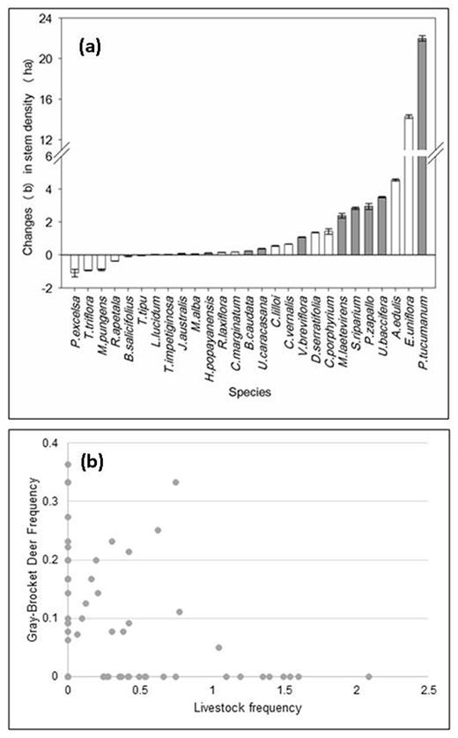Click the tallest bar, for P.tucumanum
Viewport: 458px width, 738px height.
tap(421, 141)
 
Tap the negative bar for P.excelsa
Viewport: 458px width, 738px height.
tap(75, 263)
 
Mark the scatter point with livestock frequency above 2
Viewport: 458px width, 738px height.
tap(369, 676)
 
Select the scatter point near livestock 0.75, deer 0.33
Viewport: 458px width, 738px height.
tap(176, 482)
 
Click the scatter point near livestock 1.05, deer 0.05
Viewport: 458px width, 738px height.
tap(218, 647)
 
